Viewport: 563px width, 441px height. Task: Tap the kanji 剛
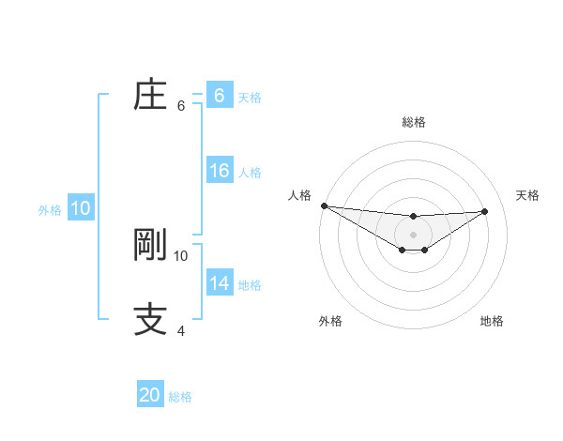coord(150,245)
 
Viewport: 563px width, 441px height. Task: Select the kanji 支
coord(150,319)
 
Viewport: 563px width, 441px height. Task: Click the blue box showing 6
coord(219,96)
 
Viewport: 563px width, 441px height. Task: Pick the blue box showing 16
coord(219,171)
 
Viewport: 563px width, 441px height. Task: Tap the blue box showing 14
coord(219,283)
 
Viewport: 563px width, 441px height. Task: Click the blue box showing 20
coord(150,395)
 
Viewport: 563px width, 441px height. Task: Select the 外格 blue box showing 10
coord(81,209)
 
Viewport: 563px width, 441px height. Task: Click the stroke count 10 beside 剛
coord(181,255)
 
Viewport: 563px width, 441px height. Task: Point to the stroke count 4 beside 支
coord(181,330)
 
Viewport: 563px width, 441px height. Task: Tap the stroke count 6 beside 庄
coord(181,106)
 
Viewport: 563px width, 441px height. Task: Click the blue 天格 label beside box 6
coord(250,97)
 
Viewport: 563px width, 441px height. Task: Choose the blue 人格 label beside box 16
coord(250,173)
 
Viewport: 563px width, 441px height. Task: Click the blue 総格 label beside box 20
coord(180,397)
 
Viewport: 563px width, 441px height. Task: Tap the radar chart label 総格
coord(414,122)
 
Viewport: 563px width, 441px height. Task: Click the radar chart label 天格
coord(527,195)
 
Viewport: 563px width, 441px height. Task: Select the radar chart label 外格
coord(330,321)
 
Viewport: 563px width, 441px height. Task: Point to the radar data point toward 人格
coord(324,205)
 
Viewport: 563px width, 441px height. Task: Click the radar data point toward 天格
coord(484,211)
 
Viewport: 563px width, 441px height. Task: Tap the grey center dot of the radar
coord(413,234)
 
